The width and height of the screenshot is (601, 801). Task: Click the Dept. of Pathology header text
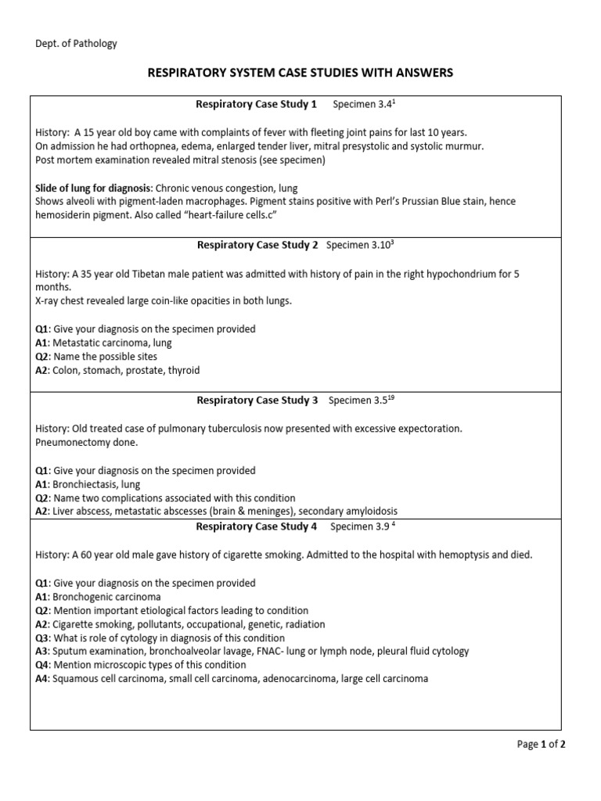click(77, 44)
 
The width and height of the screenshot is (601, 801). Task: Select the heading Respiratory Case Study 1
click(256, 104)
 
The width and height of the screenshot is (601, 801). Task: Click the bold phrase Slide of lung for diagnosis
click(94, 189)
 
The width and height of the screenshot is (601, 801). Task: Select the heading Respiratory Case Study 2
click(257, 245)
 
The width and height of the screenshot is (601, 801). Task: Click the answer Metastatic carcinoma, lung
click(112, 343)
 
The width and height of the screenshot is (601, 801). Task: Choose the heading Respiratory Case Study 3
click(257, 400)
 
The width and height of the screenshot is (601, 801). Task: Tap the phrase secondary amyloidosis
click(347, 512)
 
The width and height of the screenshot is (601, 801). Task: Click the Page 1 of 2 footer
click(542, 745)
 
